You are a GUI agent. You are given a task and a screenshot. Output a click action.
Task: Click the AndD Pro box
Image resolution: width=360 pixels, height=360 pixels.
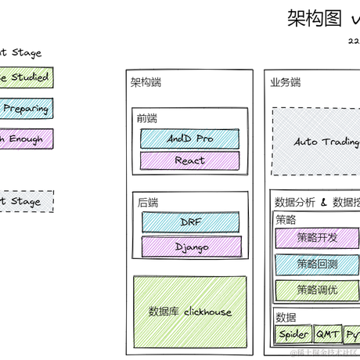[189, 139]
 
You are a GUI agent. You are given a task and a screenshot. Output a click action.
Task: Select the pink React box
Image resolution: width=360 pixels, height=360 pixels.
[189, 160]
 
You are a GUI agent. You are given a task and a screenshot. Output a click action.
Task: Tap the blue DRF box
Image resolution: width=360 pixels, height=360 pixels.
[190, 221]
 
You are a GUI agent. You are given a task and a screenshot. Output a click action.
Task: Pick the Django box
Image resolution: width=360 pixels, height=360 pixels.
[190, 247]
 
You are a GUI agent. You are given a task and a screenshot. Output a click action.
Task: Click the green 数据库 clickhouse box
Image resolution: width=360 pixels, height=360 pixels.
[189, 311]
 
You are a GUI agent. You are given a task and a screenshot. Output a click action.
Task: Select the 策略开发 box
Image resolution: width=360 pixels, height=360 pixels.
[318, 238]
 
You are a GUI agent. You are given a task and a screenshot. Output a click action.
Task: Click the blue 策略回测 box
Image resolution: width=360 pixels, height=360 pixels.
[318, 264]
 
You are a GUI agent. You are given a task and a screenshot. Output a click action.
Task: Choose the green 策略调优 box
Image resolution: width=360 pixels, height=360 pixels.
[318, 290]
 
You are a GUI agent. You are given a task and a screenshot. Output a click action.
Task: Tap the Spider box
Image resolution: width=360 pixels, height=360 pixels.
[293, 334]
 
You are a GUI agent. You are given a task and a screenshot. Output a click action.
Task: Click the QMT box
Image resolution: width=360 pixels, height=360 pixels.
[327, 334]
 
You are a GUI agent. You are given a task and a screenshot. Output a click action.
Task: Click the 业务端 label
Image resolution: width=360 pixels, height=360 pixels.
[285, 82]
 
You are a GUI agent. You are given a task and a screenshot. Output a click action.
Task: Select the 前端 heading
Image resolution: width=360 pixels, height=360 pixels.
[146, 118]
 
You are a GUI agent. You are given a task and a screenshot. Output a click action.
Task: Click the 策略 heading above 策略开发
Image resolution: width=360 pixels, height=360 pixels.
[286, 220]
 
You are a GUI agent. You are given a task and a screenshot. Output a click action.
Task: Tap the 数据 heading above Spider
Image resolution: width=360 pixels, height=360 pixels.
[286, 317]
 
